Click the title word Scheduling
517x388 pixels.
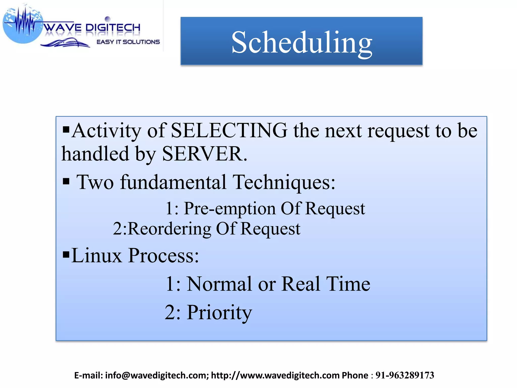pos(301,42)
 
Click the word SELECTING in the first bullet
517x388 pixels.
pos(229,131)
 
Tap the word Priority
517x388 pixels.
pos(219,313)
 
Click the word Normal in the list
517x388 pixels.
pos(219,284)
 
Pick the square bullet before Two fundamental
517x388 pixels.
pos(66,181)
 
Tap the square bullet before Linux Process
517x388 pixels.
pos(66,254)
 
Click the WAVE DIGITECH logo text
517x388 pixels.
pos(92,28)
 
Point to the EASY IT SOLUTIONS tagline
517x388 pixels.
pos(128,42)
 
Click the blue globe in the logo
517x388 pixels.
pos(23,25)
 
